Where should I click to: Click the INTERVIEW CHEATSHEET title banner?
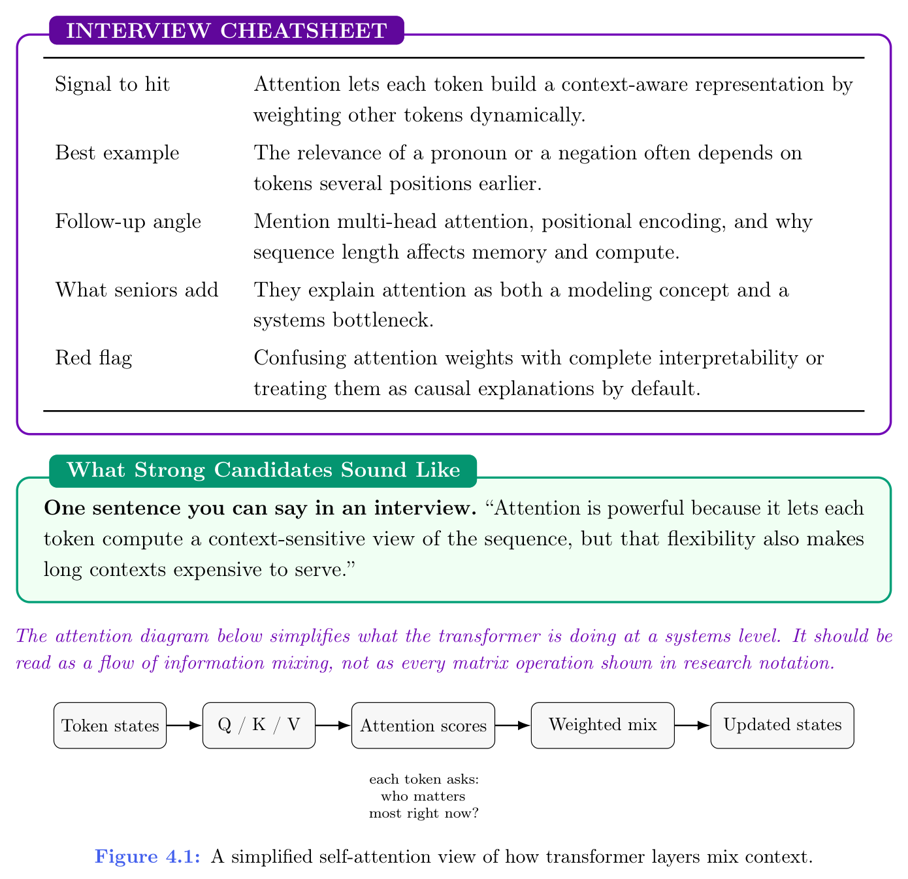click(x=227, y=31)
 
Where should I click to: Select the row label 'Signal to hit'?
click(x=112, y=84)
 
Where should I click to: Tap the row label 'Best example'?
click(x=117, y=153)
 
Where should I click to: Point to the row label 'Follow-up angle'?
click(x=128, y=221)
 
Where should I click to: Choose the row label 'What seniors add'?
click(x=137, y=289)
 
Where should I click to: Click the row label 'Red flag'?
click(x=93, y=358)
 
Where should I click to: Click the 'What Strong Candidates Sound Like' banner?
click(x=263, y=470)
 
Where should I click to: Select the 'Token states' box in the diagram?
click(x=110, y=726)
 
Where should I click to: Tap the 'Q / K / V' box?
click(x=259, y=725)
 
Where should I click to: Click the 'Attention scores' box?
click(x=423, y=726)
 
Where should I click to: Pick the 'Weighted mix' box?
click(x=602, y=725)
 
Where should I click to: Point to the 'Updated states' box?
click(x=782, y=725)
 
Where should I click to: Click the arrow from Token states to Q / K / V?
click(x=184, y=725)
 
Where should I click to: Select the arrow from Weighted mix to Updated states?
click(x=692, y=725)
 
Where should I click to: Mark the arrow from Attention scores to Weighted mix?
click(x=513, y=725)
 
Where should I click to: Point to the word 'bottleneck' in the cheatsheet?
click(x=379, y=321)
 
